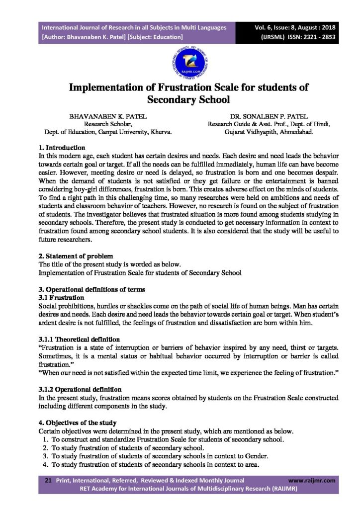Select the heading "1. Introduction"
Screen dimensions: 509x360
point(62,148)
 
